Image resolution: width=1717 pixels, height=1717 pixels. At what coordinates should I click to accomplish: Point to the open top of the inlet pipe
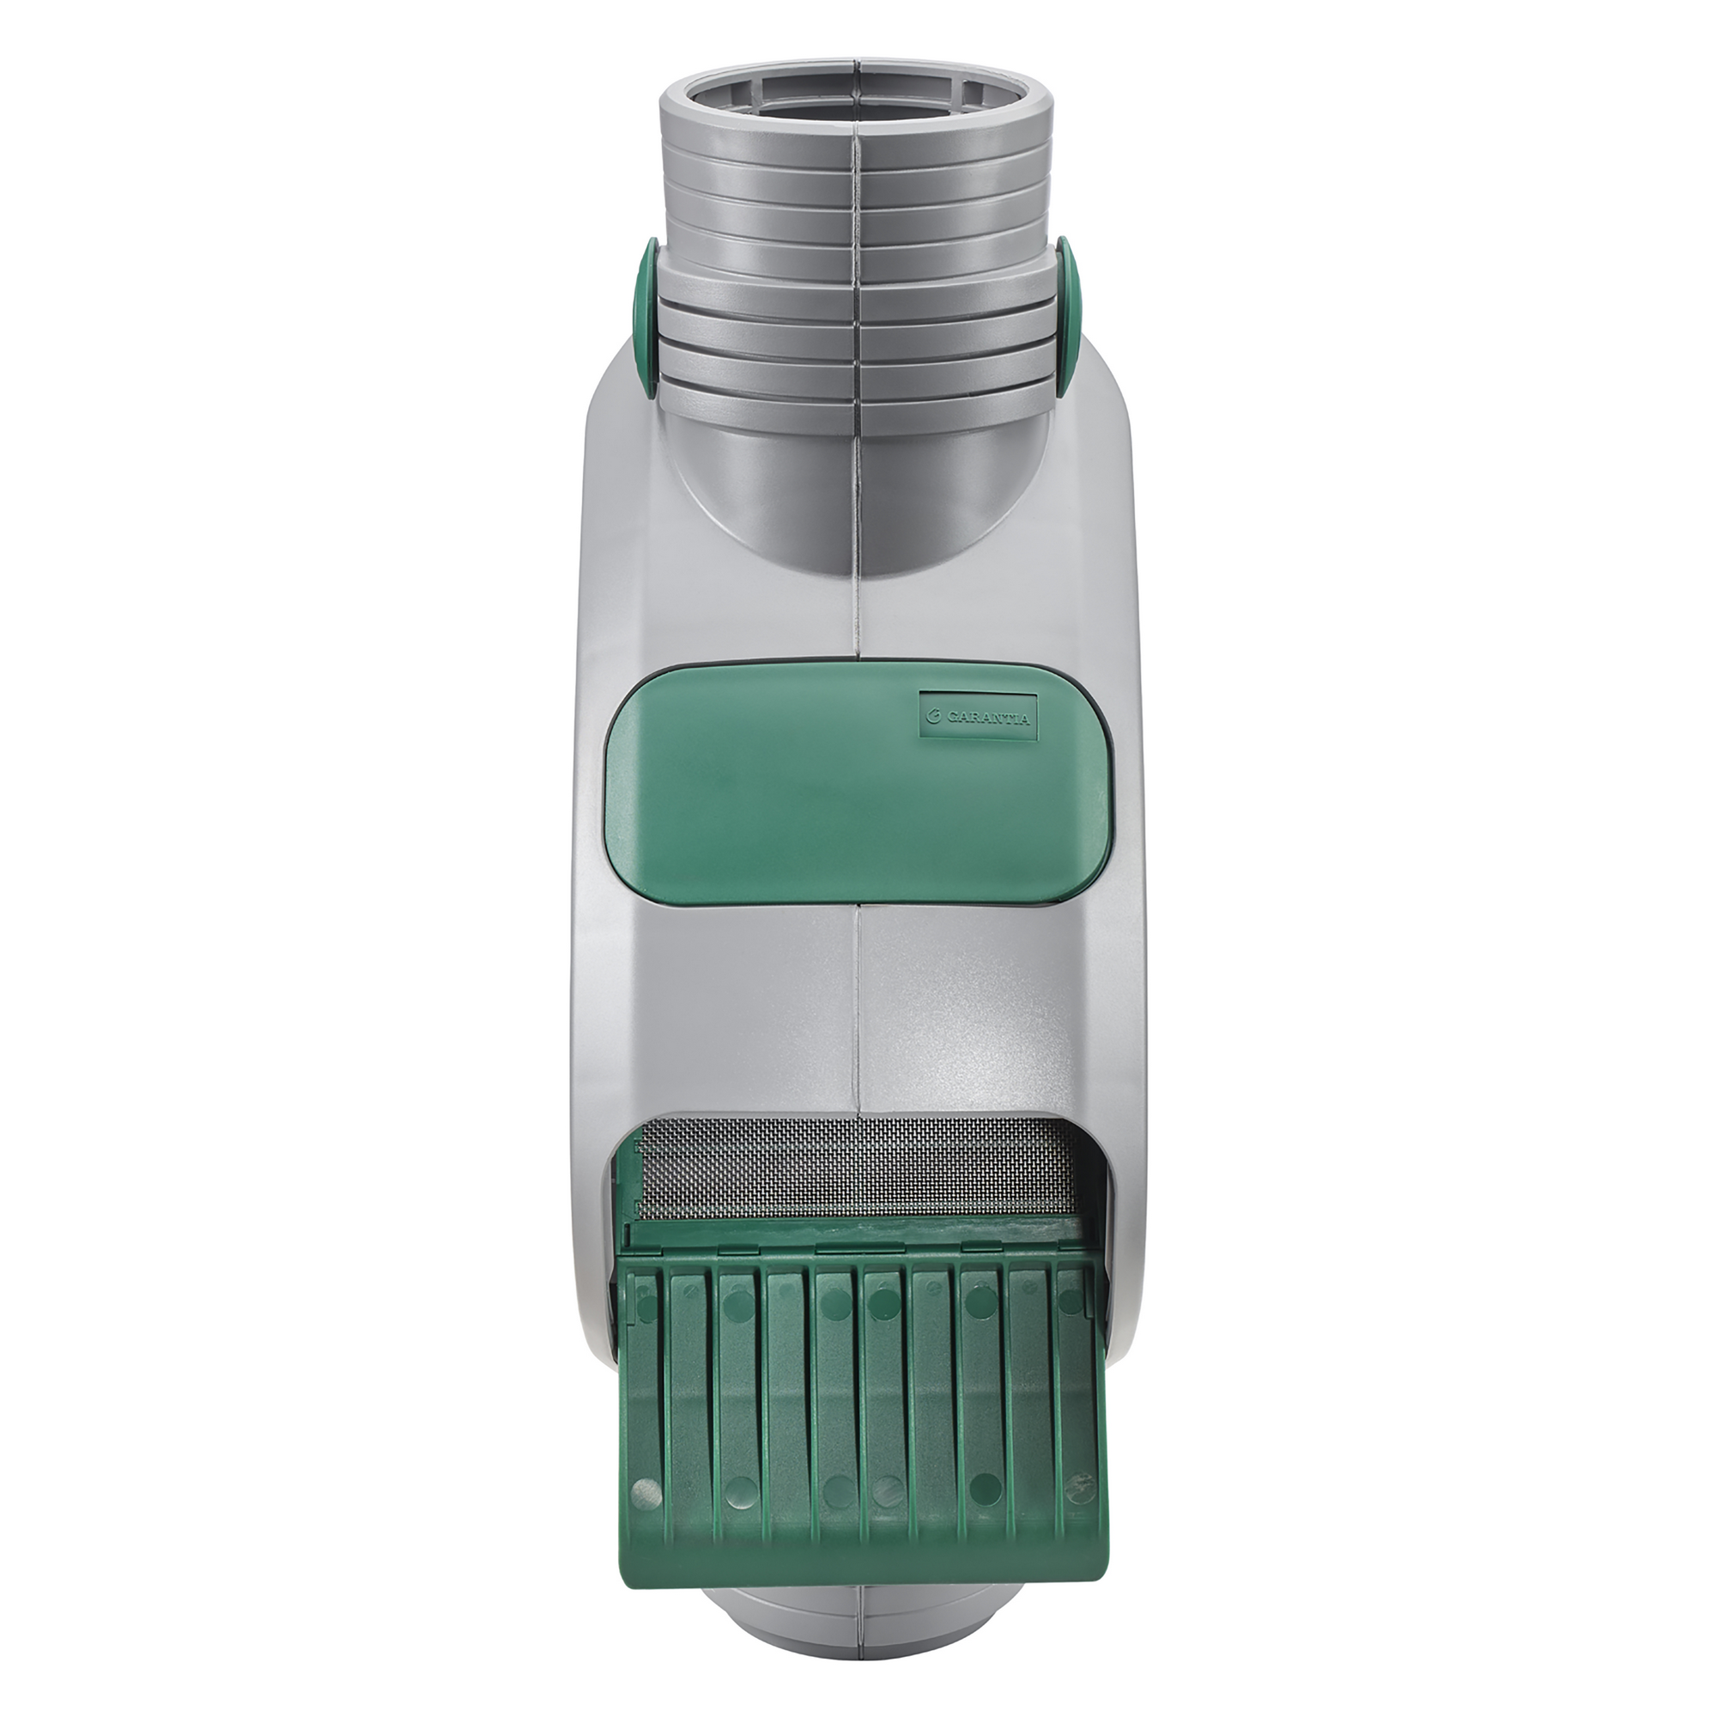pos(855,98)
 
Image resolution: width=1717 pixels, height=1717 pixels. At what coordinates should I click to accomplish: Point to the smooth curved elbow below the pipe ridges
pos(855,498)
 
